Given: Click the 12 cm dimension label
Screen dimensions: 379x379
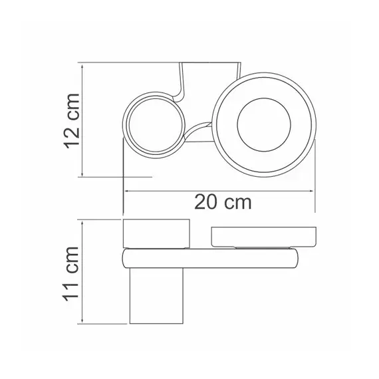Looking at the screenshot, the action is coord(72,121).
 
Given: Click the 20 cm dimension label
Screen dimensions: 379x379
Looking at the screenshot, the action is coord(223,202).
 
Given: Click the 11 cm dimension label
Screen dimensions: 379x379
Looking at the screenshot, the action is coord(71,274).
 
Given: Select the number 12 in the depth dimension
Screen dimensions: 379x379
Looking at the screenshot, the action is coord(72,137).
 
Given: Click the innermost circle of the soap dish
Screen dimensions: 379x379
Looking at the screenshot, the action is coord(264,125).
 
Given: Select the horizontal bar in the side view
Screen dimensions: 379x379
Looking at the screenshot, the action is coord(210,258).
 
